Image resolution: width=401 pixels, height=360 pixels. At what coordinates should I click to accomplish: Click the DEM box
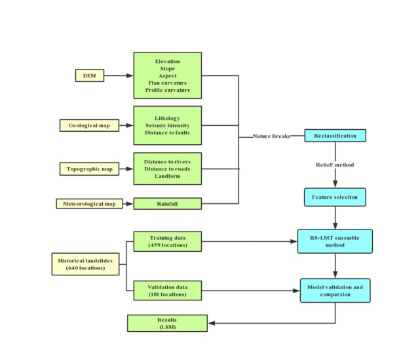[90, 75]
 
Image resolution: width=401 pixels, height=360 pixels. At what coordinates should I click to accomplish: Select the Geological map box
[89, 125]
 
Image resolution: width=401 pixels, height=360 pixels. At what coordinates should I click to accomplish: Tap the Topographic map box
[89, 169]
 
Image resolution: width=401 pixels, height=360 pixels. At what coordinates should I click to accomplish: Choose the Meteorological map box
[89, 203]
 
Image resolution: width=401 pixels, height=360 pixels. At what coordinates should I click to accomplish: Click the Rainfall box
[167, 203]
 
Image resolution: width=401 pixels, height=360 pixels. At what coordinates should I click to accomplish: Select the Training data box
[167, 241]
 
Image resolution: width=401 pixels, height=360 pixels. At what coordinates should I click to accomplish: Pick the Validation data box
[167, 290]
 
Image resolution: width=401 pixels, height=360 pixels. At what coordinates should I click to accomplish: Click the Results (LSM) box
[167, 323]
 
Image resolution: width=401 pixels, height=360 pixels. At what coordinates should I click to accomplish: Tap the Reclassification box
[335, 136]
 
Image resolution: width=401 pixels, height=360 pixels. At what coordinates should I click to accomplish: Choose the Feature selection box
[335, 197]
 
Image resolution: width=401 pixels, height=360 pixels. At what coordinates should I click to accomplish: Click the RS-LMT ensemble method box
[335, 241]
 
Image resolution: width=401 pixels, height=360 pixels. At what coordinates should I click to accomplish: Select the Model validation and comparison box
[335, 290]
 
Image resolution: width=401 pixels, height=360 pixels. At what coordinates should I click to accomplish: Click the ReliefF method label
[335, 165]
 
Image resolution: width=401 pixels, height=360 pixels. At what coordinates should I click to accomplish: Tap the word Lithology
[167, 118]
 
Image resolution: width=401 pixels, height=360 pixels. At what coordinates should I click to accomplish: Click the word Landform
[167, 176]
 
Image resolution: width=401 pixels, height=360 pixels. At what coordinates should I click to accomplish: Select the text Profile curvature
[167, 90]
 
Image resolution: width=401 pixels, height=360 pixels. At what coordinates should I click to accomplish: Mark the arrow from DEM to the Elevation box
[119, 75]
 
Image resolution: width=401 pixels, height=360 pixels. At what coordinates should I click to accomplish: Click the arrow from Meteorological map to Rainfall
[128, 203]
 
